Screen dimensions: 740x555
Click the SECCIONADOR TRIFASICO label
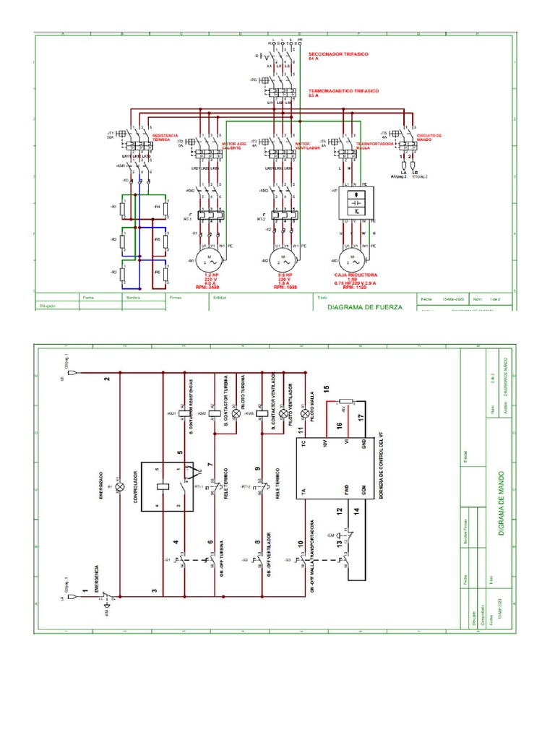[x=336, y=54]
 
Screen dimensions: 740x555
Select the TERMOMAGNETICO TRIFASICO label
[x=340, y=92]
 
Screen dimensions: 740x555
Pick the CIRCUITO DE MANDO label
[x=429, y=137]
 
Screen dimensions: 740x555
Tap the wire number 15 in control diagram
[x=326, y=390]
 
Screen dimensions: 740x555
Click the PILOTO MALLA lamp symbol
[x=305, y=413]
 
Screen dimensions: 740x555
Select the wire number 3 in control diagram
[x=154, y=591]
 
